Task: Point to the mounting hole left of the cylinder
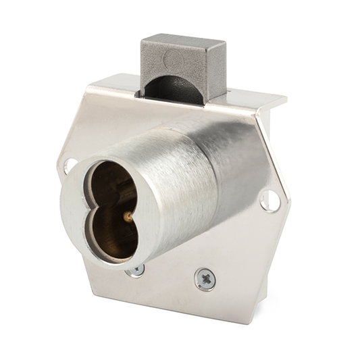[70, 163]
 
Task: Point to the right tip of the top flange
[284, 99]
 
